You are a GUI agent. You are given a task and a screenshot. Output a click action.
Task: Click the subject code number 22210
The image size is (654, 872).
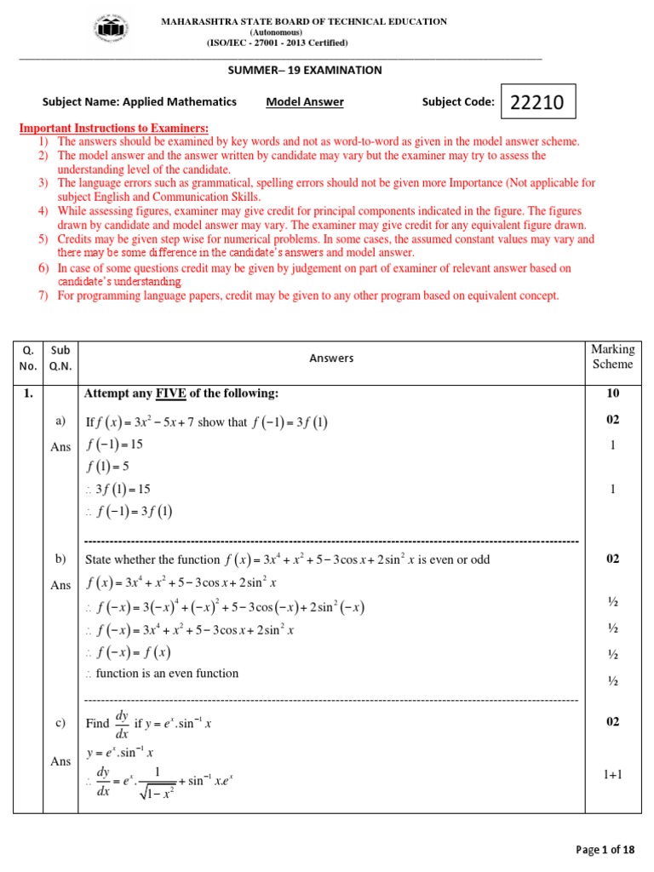coord(537,103)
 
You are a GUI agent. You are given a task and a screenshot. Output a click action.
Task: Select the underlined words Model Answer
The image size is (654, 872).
coord(305,102)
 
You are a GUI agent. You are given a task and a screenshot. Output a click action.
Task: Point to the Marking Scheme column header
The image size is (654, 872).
coord(612,357)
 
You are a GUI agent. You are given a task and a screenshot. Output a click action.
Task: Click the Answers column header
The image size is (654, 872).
coord(331,359)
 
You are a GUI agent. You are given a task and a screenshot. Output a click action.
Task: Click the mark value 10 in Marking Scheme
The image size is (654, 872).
coord(612,393)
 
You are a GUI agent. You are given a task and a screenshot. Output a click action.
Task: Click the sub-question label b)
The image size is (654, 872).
coord(60,559)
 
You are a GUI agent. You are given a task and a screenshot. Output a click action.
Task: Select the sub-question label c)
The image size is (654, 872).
coord(60,723)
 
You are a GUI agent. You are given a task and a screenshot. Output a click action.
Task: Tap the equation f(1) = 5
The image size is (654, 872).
coord(108,467)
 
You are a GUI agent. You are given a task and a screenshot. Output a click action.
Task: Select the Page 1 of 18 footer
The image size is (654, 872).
coord(605,850)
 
